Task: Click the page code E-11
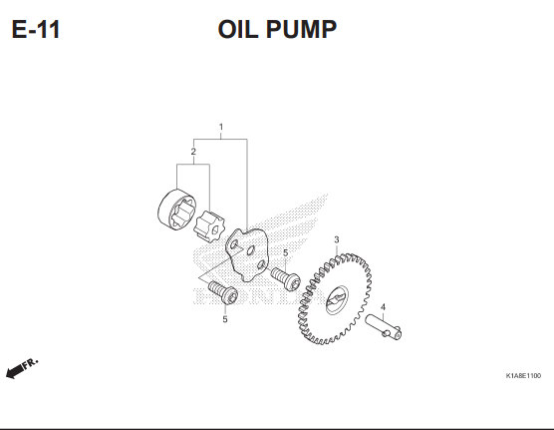36,29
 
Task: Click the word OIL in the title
238,29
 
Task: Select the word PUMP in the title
301,29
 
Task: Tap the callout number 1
221,127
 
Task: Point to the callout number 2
193,152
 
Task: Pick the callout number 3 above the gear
337,240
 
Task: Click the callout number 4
383,307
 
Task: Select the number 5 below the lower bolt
225,319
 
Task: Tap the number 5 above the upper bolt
286,253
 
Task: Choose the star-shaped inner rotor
209,226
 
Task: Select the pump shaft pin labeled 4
384,327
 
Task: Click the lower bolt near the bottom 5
223,291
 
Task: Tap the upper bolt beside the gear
286,279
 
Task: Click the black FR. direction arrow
14,372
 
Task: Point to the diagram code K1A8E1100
523,375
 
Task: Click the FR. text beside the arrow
30,364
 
